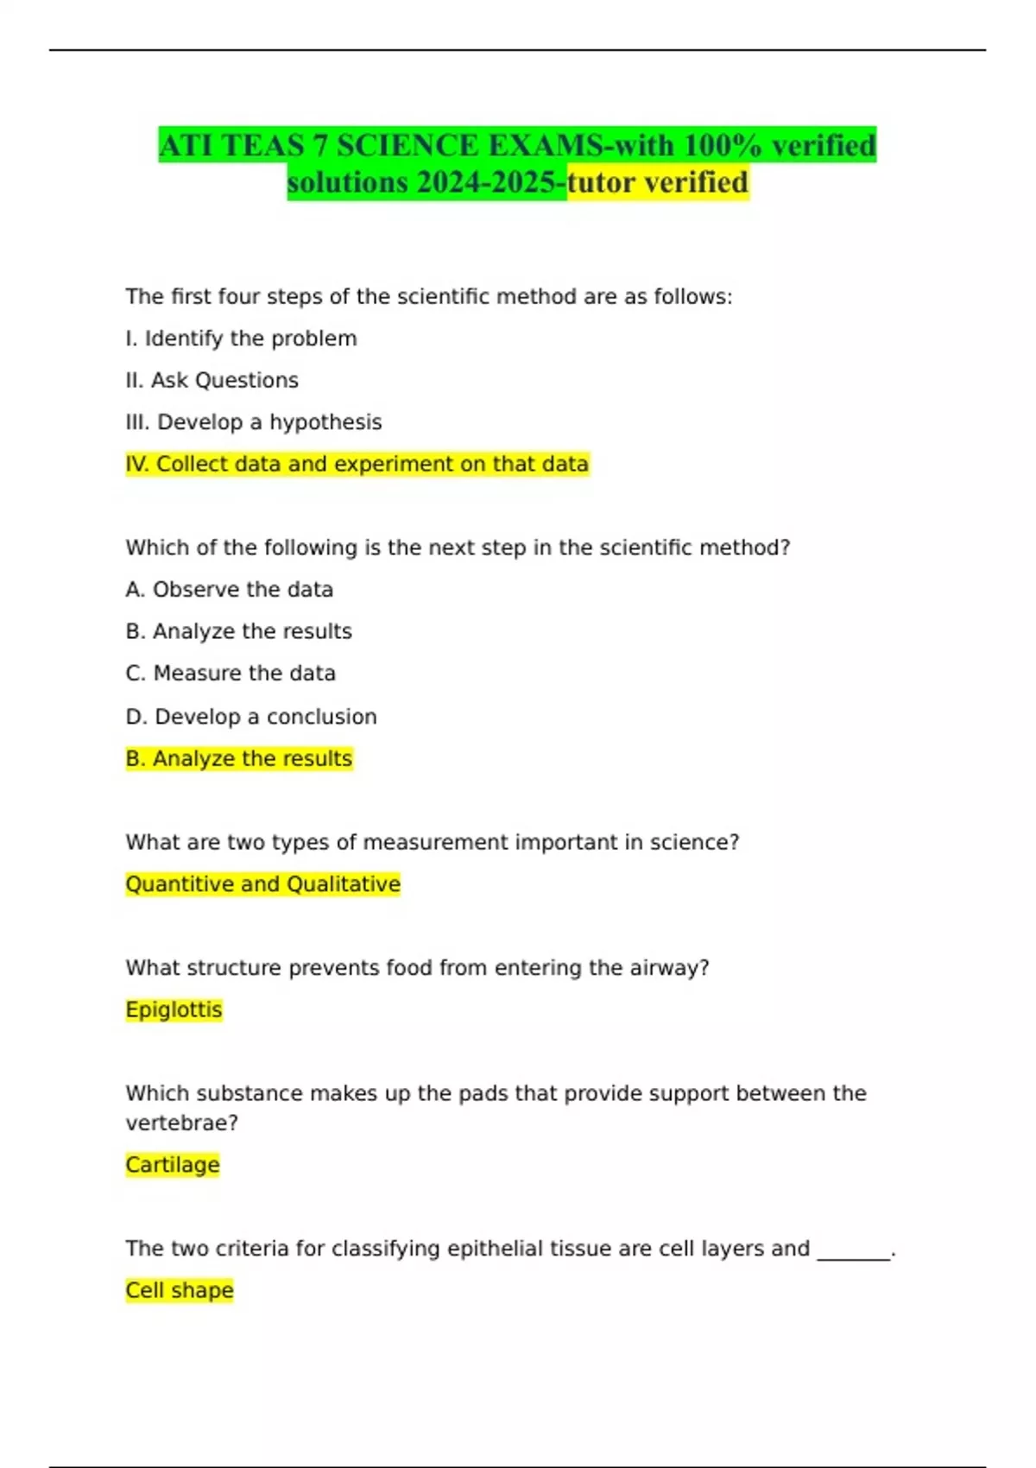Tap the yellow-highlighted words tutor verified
(659, 182)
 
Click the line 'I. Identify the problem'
(241, 339)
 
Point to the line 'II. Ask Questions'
(212, 380)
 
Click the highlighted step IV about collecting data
(357, 464)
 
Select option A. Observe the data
(229, 589)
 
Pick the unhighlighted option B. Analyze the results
(238, 631)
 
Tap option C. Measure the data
(231, 673)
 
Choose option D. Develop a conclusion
(250, 717)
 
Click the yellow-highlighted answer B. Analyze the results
(238, 758)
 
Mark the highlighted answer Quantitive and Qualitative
(262, 884)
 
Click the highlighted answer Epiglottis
(174, 1009)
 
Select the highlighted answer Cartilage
(173, 1165)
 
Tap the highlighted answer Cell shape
(180, 1290)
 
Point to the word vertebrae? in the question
(181, 1123)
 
